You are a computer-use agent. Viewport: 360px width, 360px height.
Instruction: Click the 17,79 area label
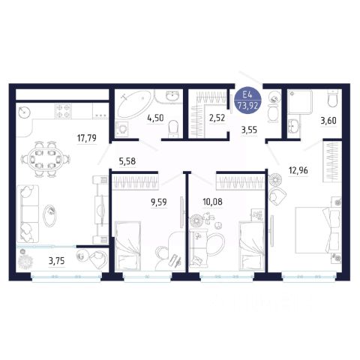pyautogui.click(x=87, y=138)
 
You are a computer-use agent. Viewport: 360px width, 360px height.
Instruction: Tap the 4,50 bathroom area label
pyautogui.click(x=156, y=118)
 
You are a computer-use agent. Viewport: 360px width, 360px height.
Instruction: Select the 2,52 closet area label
pyautogui.click(x=217, y=118)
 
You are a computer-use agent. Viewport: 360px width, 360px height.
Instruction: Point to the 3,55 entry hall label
pyautogui.click(x=249, y=130)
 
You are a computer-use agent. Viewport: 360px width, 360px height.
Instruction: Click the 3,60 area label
pyautogui.click(x=328, y=121)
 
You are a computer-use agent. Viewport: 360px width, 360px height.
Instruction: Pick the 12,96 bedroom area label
pyautogui.click(x=298, y=171)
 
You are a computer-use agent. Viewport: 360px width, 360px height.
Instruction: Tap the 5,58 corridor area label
pyautogui.click(x=127, y=161)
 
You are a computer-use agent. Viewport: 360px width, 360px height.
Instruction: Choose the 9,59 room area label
pyautogui.click(x=158, y=202)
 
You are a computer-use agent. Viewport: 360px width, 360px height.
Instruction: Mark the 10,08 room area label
pyautogui.click(x=212, y=202)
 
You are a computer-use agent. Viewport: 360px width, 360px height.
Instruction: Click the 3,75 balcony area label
pyautogui.click(x=56, y=261)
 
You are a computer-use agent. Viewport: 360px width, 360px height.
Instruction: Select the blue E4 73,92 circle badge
pyautogui.click(x=247, y=101)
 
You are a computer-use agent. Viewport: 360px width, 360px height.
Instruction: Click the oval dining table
pyautogui.click(x=45, y=159)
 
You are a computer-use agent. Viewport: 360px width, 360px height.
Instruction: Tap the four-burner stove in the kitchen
pyautogui.click(x=63, y=111)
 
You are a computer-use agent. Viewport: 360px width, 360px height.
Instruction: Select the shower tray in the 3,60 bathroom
pyautogui.click(x=300, y=102)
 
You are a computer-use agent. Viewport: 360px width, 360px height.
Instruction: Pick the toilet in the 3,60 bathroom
pyautogui.click(x=333, y=98)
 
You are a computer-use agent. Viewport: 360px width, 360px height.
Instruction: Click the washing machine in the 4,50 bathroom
pyautogui.click(x=122, y=129)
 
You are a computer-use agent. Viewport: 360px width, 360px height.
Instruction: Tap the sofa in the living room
pyautogui.click(x=28, y=214)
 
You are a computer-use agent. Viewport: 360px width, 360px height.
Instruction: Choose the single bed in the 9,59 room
pyautogui.click(x=127, y=246)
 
